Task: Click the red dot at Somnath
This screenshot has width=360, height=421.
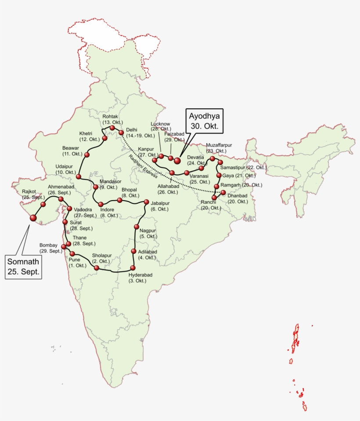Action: click(x=32, y=218)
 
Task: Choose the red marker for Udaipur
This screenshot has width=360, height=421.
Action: click(x=79, y=176)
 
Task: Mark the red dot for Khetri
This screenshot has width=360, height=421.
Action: click(x=105, y=139)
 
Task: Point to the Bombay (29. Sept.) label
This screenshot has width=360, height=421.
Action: click(x=48, y=248)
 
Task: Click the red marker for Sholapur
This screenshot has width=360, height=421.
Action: click(x=97, y=267)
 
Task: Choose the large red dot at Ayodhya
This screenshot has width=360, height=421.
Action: click(x=177, y=161)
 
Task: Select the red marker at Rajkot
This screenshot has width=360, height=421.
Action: click(x=43, y=204)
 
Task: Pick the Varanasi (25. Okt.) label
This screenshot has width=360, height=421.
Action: click(x=199, y=179)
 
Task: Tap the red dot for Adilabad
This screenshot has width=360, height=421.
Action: click(x=134, y=251)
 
